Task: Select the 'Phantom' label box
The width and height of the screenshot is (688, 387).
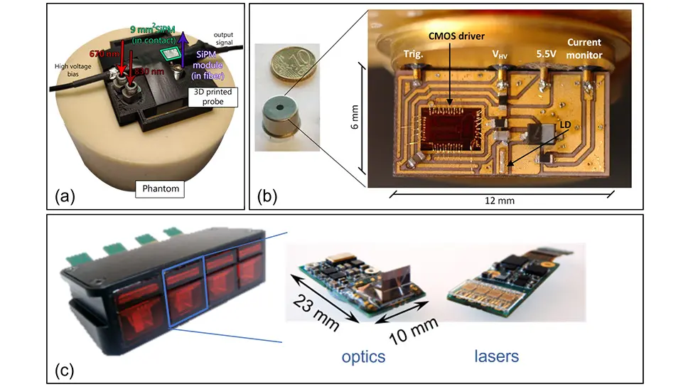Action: tap(158, 189)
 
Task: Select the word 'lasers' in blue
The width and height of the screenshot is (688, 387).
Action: tap(497, 355)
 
